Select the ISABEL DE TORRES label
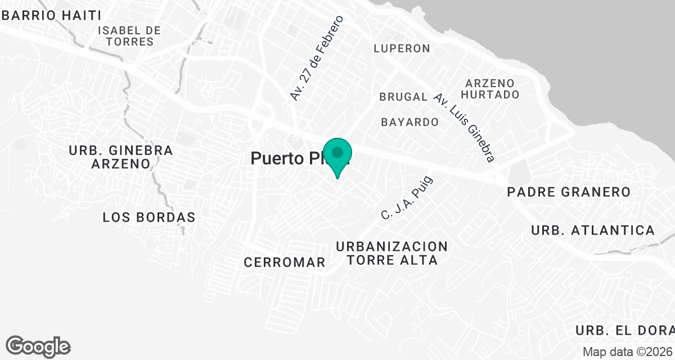129,36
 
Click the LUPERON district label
402,48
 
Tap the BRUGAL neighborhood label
403,97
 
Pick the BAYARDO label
409,122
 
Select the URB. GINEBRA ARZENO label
120,157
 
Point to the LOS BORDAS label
149,217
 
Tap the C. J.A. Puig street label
409,197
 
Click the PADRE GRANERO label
569,192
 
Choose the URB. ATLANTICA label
593,230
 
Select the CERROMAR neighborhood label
285,262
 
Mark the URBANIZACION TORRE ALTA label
392,253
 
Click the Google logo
38,346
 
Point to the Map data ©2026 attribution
627,352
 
